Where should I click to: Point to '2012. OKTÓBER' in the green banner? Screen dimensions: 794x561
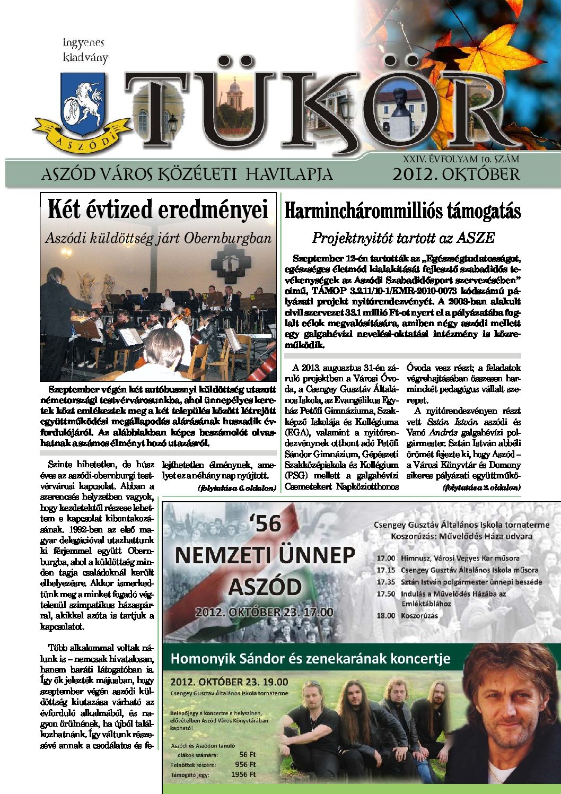point(455,174)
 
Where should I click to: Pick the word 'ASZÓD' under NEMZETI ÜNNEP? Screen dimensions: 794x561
point(265,587)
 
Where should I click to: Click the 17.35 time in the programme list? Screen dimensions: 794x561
point(386,582)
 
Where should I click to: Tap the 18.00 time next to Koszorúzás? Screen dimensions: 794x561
point(386,616)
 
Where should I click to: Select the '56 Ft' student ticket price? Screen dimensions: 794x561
point(247,754)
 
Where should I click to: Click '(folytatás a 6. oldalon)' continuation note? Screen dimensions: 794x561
point(236,487)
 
